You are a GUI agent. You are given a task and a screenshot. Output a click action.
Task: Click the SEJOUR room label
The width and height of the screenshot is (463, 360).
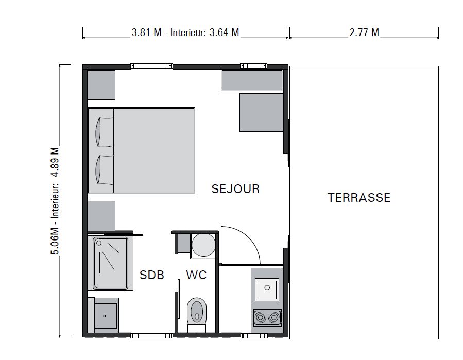(235, 189)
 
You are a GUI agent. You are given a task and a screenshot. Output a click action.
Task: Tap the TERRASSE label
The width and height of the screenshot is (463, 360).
(359, 198)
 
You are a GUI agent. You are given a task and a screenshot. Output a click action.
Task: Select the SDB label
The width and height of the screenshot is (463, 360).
(152, 275)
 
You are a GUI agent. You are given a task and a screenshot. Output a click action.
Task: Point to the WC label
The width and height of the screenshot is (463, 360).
(196, 275)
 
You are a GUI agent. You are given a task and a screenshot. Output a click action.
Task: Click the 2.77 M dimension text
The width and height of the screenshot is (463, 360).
(364, 32)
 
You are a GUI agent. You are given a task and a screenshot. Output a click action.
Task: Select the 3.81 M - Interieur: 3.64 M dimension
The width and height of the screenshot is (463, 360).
(185, 32)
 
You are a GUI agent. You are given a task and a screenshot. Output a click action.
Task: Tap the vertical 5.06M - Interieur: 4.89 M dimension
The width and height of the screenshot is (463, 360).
(55, 201)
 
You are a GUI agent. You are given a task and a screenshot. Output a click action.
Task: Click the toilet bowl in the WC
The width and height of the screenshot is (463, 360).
(197, 311)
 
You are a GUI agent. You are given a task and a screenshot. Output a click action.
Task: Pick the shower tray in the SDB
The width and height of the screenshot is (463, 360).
(110, 263)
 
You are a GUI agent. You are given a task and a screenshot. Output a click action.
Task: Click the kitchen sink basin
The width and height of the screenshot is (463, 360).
(267, 288)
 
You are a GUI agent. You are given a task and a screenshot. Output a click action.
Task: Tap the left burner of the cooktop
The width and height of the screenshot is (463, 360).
(260, 318)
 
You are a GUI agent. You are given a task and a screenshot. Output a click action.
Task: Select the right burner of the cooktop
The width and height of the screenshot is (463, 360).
(273, 318)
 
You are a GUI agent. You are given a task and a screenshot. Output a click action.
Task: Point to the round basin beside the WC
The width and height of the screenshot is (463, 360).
(203, 245)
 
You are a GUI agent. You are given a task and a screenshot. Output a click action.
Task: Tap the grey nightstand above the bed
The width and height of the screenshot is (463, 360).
(101, 85)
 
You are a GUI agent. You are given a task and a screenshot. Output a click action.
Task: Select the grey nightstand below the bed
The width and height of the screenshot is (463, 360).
(101, 216)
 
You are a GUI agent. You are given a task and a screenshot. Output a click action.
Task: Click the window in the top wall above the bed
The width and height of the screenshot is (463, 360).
(151, 66)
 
